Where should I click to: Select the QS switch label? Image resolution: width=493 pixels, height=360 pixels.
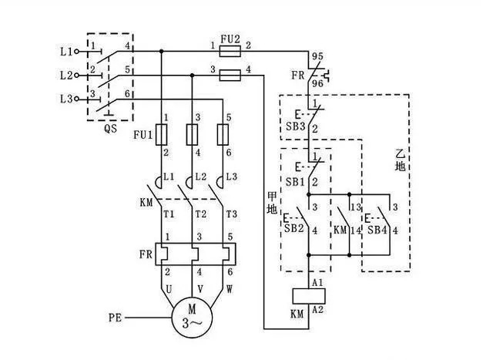pos(109,129)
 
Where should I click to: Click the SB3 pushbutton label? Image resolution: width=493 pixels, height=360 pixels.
pos(297,126)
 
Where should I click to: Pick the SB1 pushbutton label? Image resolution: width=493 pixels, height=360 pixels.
pos(297,181)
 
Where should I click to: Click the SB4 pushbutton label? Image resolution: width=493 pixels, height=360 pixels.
pos(377,230)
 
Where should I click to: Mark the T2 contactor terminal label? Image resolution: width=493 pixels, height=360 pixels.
pos(202,214)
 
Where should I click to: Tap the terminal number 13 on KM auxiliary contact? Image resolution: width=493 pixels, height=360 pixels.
pos(355,207)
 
